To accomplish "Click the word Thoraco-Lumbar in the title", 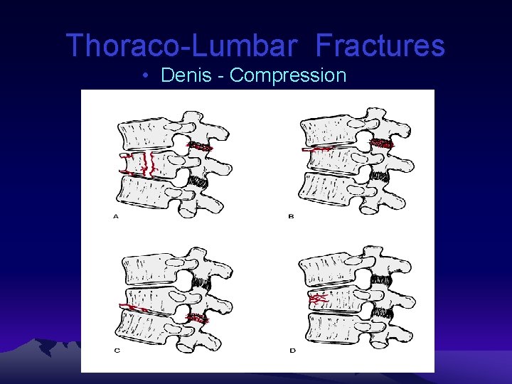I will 181,46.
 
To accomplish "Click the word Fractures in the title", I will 380,46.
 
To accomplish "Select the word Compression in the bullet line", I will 288,75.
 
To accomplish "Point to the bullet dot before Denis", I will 144,76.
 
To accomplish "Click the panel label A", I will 116,216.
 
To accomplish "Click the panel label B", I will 291,216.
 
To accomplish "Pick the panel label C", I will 116,351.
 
